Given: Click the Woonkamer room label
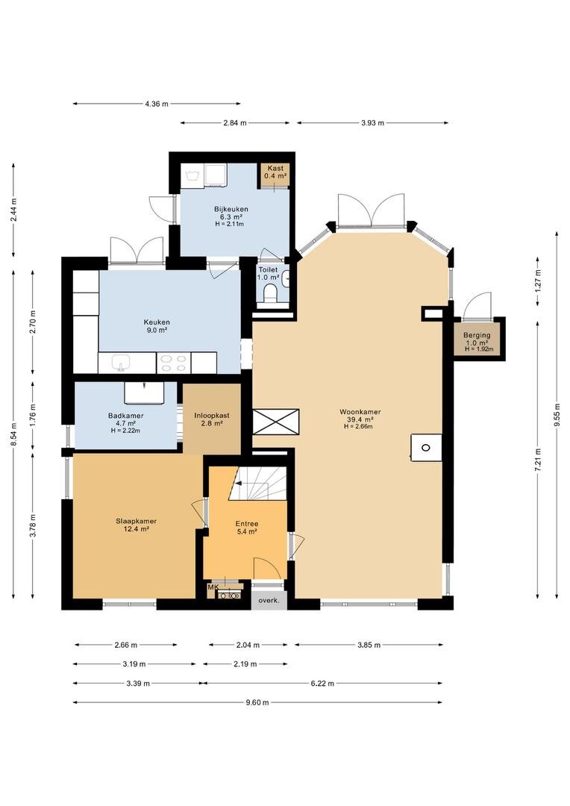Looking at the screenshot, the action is point(360,412).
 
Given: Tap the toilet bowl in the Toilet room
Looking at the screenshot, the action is point(269,295).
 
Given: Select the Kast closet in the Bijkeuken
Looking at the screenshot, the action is point(275,176).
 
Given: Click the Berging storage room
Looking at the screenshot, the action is point(477,339).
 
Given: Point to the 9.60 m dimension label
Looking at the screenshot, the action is point(257,703).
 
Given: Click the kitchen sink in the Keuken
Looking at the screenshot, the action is point(122,363).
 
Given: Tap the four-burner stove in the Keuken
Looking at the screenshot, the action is point(173,363).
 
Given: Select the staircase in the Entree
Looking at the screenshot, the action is point(257,483).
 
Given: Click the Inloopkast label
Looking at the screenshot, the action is point(212,416).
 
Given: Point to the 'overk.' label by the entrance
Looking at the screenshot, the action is point(269,600).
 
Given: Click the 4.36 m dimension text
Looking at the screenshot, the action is point(157,104).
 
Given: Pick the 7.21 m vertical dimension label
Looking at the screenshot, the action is point(538,460).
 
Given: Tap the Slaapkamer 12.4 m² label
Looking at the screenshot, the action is point(137,525).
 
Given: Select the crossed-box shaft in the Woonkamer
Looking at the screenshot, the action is point(275,422).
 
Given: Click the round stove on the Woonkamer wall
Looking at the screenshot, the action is point(426,447).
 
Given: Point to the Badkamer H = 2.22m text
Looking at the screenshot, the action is point(125,431).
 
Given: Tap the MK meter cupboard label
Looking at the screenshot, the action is point(213,587).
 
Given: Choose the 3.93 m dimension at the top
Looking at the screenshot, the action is point(372,123).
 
